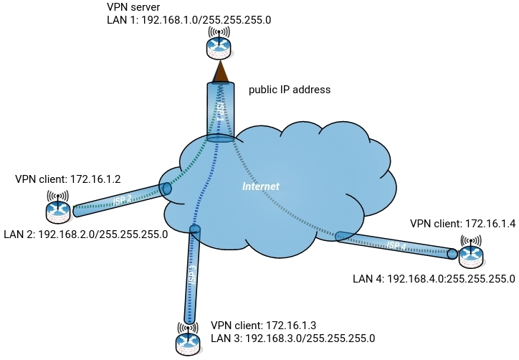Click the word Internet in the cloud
click(x=260, y=186)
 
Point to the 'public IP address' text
click(x=289, y=90)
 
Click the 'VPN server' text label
click(x=133, y=7)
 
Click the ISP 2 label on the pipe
click(x=123, y=200)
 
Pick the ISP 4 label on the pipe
click(x=396, y=245)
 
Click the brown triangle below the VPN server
click(x=221, y=72)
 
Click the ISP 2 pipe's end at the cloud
click(x=166, y=189)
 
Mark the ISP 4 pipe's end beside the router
click(x=452, y=253)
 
